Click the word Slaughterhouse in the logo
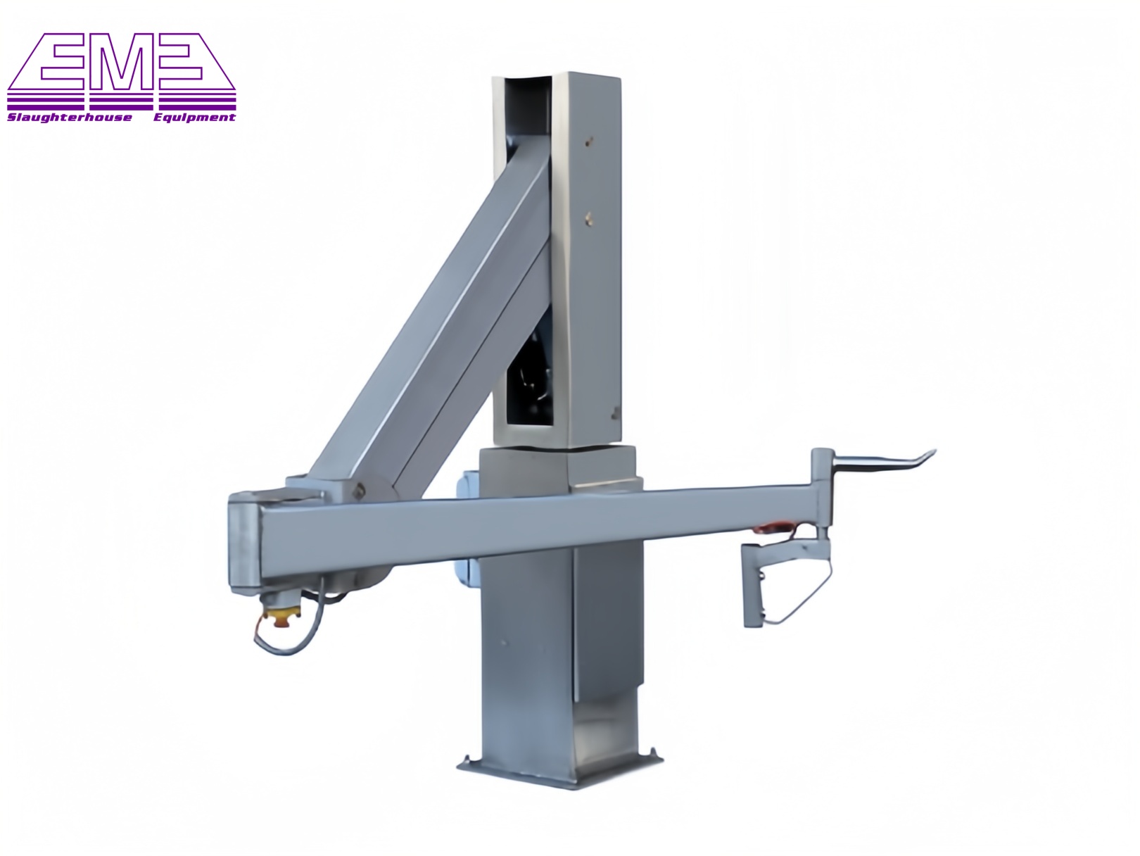click(69, 118)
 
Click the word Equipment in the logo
click(194, 118)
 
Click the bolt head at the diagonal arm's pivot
click(360, 491)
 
